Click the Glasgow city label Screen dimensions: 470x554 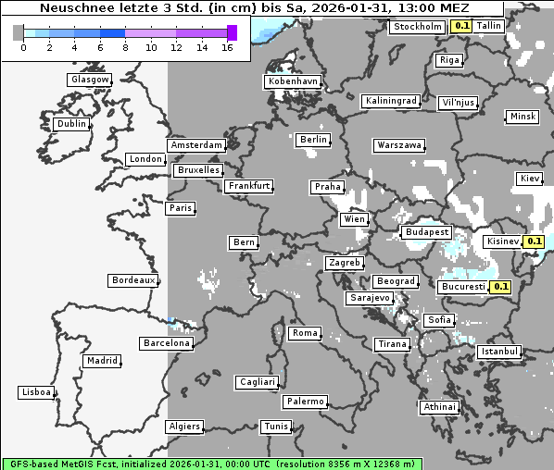click(90, 80)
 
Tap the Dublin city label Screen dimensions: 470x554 click(71, 124)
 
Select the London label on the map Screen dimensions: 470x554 click(145, 159)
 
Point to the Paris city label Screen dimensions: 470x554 click(181, 208)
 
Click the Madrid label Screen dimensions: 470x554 click(101, 361)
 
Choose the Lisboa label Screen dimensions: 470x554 click(36, 392)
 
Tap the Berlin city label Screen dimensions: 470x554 click(314, 140)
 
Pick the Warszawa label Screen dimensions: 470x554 click(399, 145)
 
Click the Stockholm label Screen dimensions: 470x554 click(417, 27)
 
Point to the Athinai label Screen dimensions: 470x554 click(439, 407)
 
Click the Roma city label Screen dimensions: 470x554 click(305, 333)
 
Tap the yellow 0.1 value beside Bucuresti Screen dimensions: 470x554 click(501, 287)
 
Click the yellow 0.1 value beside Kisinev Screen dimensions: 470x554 click(534, 241)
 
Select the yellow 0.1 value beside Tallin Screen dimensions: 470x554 click(461, 27)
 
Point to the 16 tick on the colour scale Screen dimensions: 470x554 click(227, 47)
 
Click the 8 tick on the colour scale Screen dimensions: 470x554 click(125, 47)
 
